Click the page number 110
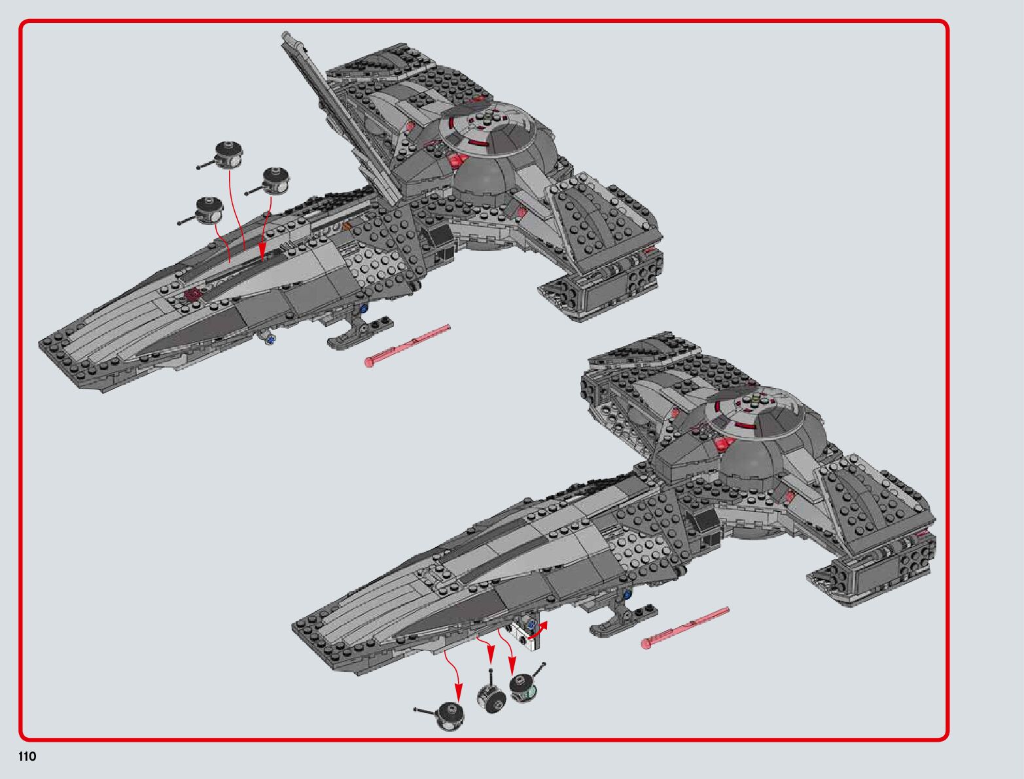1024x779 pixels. (27, 757)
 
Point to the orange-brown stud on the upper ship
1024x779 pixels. (347, 226)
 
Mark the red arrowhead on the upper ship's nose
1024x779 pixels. (262, 251)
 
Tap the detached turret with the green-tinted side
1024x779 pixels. (525, 688)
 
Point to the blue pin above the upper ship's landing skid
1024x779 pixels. (364, 307)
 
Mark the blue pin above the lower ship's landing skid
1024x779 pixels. (629, 595)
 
